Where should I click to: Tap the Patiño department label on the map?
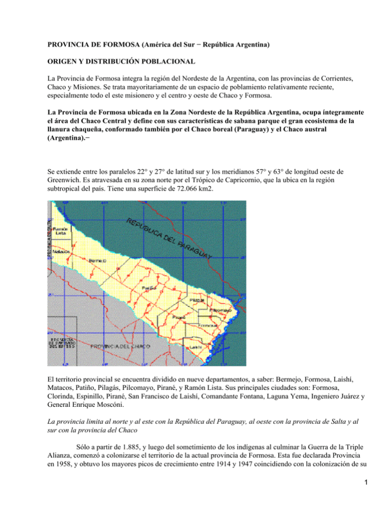(x=149, y=287)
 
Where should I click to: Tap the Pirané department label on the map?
(x=178, y=317)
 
